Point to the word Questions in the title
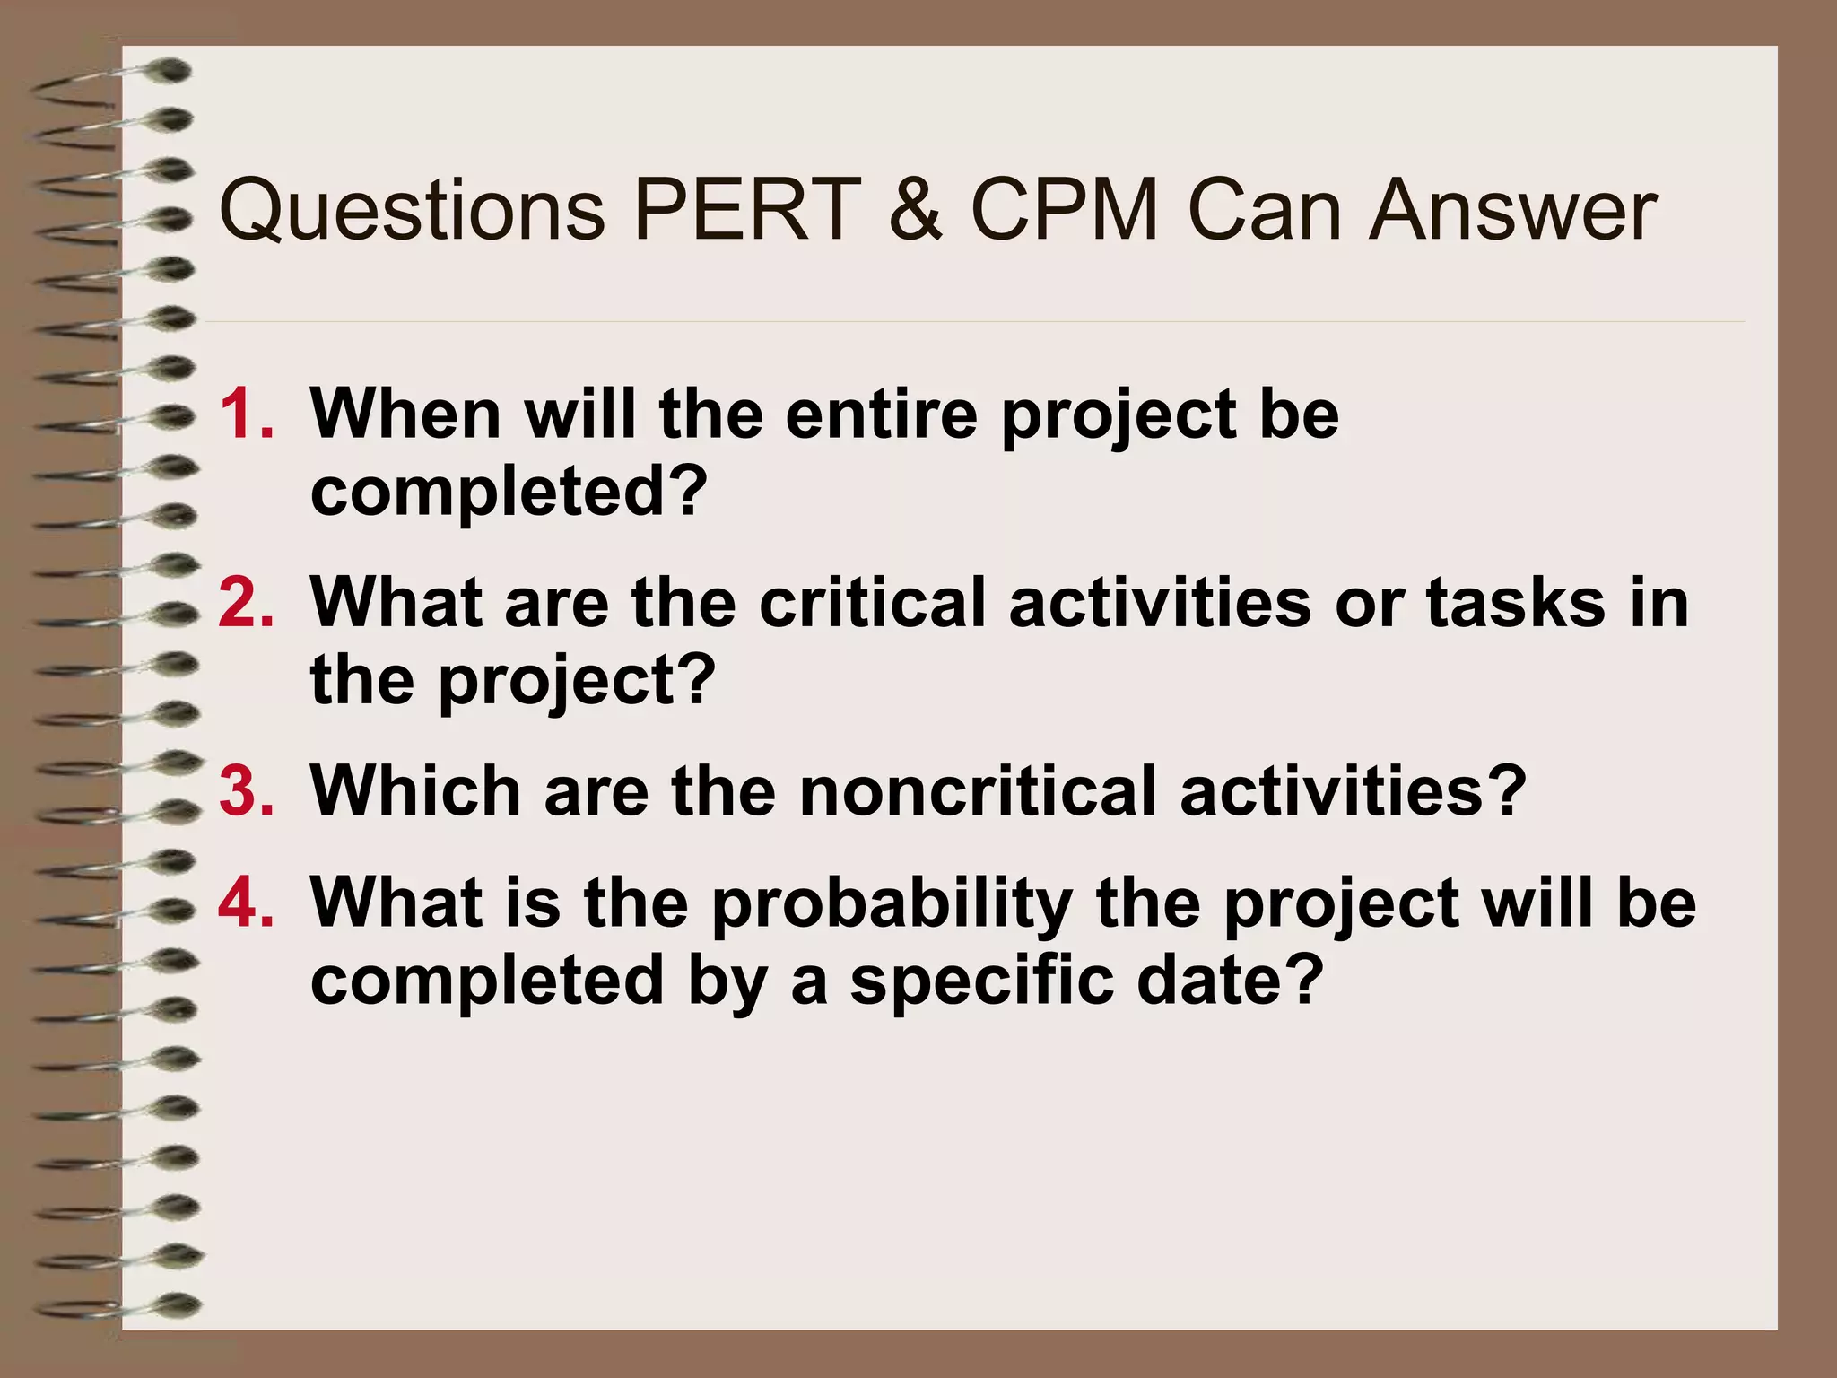click(412, 213)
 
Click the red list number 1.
click(245, 414)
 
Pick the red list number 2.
click(245, 603)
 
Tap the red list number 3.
click(245, 791)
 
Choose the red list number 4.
click(245, 903)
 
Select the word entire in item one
click(881, 414)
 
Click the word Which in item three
click(415, 791)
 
